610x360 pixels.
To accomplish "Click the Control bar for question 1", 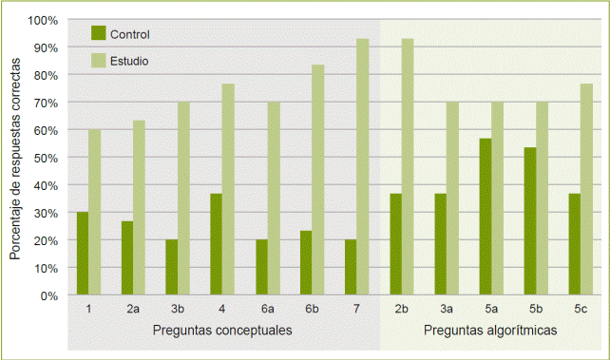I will [83, 254].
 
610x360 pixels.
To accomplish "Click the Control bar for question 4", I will [217, 244].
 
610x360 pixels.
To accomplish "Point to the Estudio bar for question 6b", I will [317, 180].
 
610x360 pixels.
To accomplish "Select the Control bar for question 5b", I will [529, 221].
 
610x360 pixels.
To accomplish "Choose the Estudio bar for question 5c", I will [586, 190].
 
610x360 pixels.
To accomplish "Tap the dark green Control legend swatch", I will [98, 33].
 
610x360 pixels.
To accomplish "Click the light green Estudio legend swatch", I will [98, 60].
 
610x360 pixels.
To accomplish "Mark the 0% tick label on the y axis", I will [48, 295].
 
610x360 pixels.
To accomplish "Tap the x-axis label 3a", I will [446, 309].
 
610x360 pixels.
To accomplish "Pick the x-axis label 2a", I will [134, 309].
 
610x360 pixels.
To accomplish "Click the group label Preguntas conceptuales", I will [222, 330].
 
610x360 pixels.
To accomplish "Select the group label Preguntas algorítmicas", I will [490, 330].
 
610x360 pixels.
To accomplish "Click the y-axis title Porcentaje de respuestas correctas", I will [16, 158].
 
